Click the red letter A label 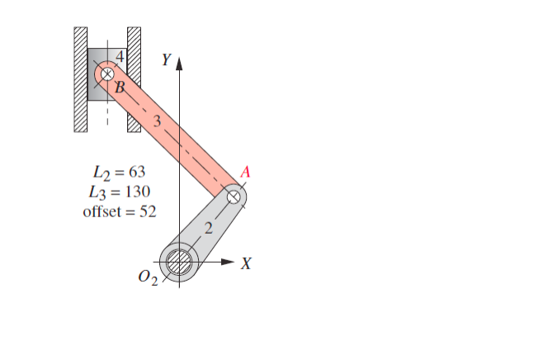point(245,172)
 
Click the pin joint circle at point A point(234,197)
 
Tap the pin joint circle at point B point(106,73)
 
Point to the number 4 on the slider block point(120,57)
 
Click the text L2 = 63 point(116,173)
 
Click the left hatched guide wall point(80,80)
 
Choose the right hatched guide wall point(134,80)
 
